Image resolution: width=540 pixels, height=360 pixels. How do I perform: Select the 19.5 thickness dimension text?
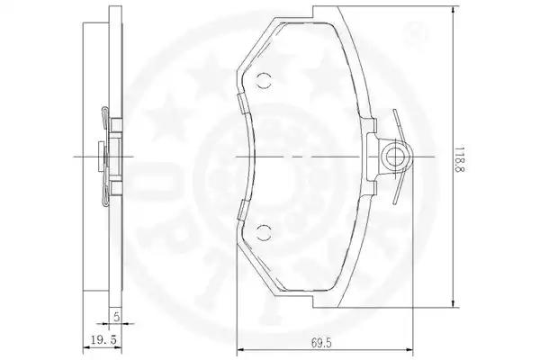(x=104, y=339)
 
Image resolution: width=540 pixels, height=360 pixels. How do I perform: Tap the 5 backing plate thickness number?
(x=117, y=317)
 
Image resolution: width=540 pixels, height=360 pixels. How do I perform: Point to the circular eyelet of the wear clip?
(x=395, y=157)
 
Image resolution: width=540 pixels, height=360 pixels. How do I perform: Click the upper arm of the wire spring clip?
(x=399, y=125)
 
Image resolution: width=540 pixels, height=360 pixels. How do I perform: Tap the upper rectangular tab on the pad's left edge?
(x=241, y=103)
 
